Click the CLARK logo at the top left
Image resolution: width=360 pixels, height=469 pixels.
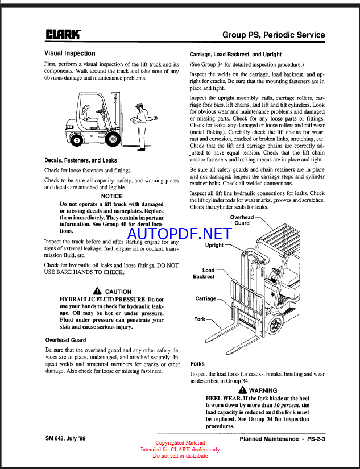point(63,35)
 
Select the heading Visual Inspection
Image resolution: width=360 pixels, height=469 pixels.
point(69,53)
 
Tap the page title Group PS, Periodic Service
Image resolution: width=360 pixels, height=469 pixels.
point(274,35)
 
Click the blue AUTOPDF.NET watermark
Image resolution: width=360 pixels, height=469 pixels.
point(179,234)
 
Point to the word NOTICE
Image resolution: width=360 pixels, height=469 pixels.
point(111,196)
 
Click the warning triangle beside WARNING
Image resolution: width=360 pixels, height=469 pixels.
point(243,391)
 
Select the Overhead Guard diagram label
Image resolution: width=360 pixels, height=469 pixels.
point(242,220)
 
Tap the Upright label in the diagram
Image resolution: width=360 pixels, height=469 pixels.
point(214,246)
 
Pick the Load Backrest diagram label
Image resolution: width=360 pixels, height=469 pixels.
point(204,273)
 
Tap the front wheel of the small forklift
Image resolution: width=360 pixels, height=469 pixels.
point(113,138)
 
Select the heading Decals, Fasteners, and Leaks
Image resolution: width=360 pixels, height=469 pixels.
point(81,160)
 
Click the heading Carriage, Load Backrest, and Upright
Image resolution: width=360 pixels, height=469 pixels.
point(235,55)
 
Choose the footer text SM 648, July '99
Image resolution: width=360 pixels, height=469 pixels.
point(68,438)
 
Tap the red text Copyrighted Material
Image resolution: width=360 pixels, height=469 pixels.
point(180,443)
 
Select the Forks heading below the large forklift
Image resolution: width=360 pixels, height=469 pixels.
point(197,363)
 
